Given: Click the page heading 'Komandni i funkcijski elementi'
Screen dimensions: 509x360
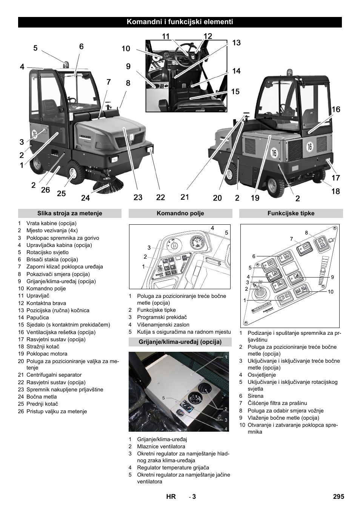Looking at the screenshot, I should (x=180, y=22).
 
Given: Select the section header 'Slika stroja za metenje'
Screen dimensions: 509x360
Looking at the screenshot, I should (x=69, y=213).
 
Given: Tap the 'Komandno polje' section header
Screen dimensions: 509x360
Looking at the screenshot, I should (x=180, y=213).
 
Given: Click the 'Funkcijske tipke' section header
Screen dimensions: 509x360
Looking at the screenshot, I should (x=291, y=213).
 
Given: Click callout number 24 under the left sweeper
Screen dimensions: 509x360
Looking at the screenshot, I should (x=85, y=197).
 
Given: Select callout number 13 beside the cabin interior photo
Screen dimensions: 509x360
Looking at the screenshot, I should (x=236, y=43).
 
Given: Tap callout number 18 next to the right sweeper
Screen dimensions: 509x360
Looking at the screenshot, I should (x=335, y=191).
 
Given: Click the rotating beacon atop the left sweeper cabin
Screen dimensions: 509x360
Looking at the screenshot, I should (x=66, y=64).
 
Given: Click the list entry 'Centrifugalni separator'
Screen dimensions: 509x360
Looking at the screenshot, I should (x=54, y=375).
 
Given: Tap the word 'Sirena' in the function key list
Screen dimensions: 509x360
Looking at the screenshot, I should (x=255, y=396).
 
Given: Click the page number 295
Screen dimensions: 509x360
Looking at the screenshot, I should (x=338, y=497).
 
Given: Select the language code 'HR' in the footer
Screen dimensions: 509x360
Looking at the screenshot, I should (x=171, y=497).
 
